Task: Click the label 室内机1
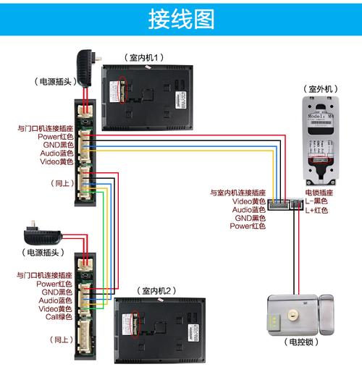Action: (145, 57)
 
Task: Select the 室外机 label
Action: (319, 88)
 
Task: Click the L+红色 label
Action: (316, 210)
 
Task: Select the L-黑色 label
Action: (316, 201)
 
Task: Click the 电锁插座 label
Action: (319, 193)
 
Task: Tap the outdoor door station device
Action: (319, 138)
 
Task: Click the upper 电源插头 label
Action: (52, 82)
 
